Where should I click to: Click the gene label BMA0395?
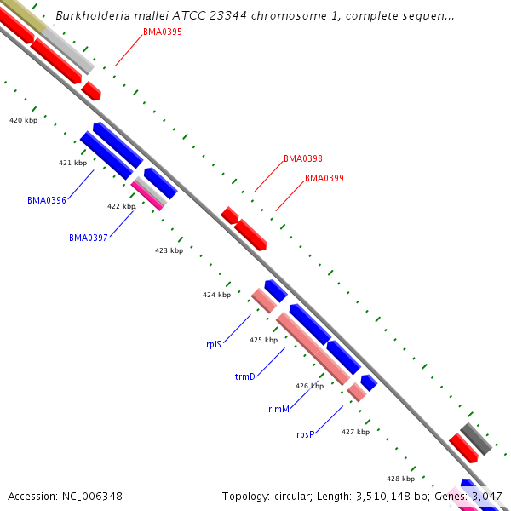162,32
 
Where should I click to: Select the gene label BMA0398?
302,158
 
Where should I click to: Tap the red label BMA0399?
324,178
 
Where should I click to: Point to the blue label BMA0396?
46,200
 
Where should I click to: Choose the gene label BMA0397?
88,238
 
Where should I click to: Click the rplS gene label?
213,344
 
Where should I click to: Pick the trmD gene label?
244,376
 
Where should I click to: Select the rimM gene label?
278,409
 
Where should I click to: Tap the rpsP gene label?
305,434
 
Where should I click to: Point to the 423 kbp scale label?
169,250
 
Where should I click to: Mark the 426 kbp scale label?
309,386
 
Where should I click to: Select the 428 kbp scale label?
400,479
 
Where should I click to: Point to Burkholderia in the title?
89,15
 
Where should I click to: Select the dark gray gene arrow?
476,438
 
